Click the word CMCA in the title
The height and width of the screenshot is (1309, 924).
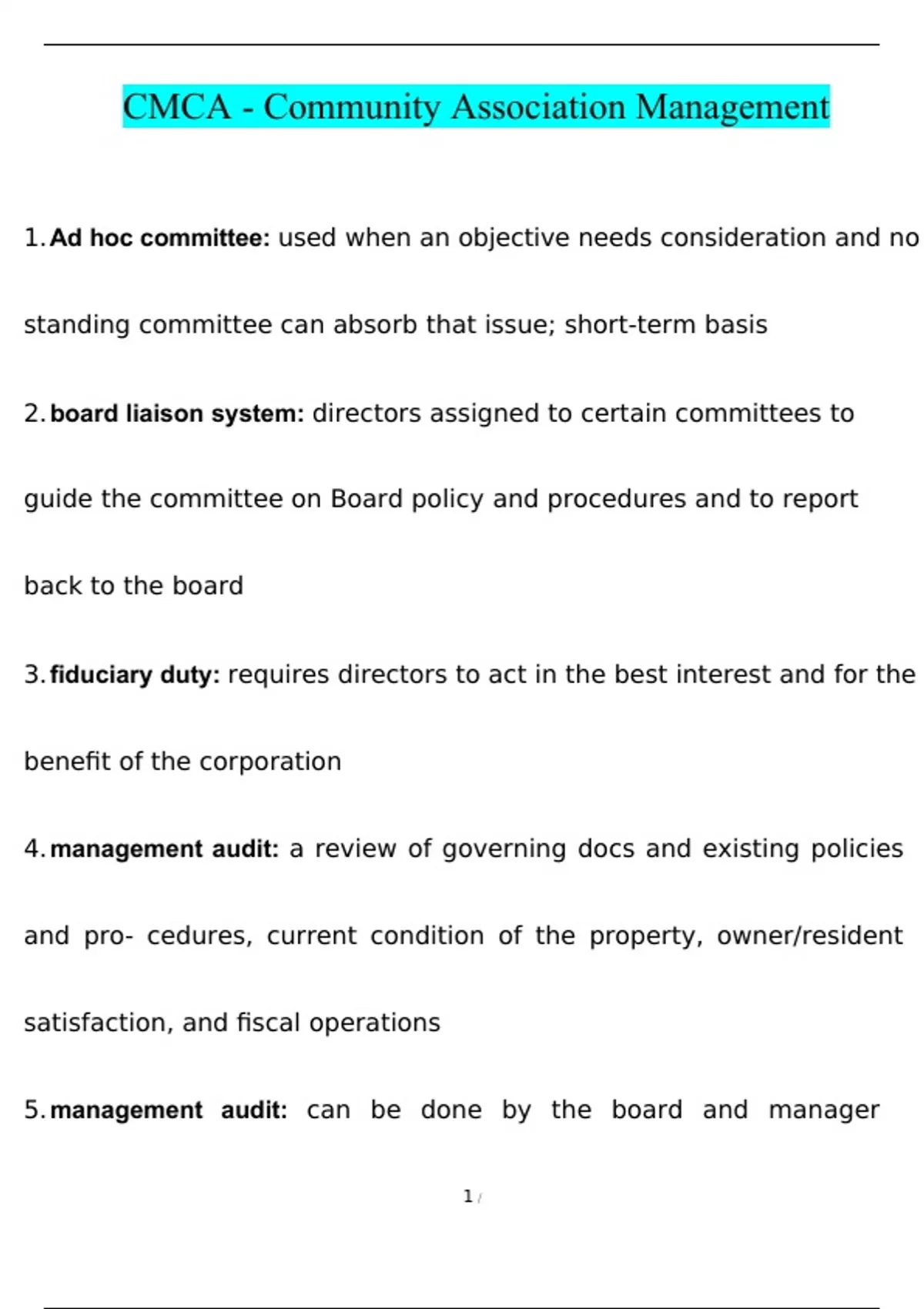coord(176,106)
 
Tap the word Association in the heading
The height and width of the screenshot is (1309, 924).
coord(537,106)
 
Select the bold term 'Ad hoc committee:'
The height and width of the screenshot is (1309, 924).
coord(159,238)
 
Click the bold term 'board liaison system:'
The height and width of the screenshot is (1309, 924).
coord(177,413)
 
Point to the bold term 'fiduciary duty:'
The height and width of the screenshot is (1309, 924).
coord(135,675)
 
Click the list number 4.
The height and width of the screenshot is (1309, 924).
coord(32,849)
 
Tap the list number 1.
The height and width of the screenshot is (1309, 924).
coord(32,238)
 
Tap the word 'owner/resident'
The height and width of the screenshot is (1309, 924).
coord(809,936)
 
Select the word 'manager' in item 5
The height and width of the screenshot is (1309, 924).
coord(823,1110)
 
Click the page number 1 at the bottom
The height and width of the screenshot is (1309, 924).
coord(467,1197)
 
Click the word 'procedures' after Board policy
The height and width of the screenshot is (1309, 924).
coord(616,499)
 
